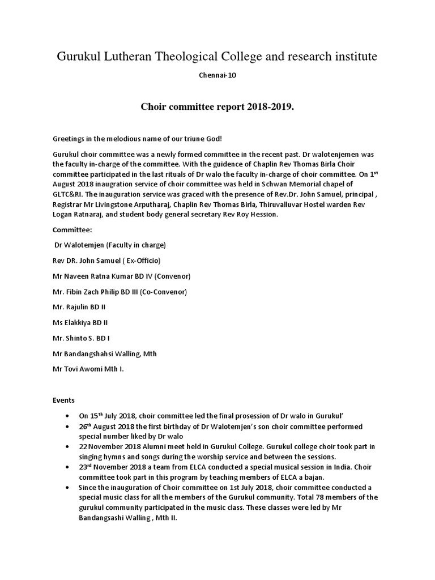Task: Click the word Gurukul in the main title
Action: (x=76, y=57)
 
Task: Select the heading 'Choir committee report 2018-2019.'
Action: (x=217, y=107)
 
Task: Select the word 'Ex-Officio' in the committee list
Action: (x=139, y=261)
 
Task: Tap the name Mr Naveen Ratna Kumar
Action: (x=100, y=276)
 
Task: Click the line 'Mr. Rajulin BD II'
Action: (x=79, y=307)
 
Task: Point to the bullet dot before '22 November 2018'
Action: (x=69, y=447)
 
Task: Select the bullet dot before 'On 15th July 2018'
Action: (x=69, y=415)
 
